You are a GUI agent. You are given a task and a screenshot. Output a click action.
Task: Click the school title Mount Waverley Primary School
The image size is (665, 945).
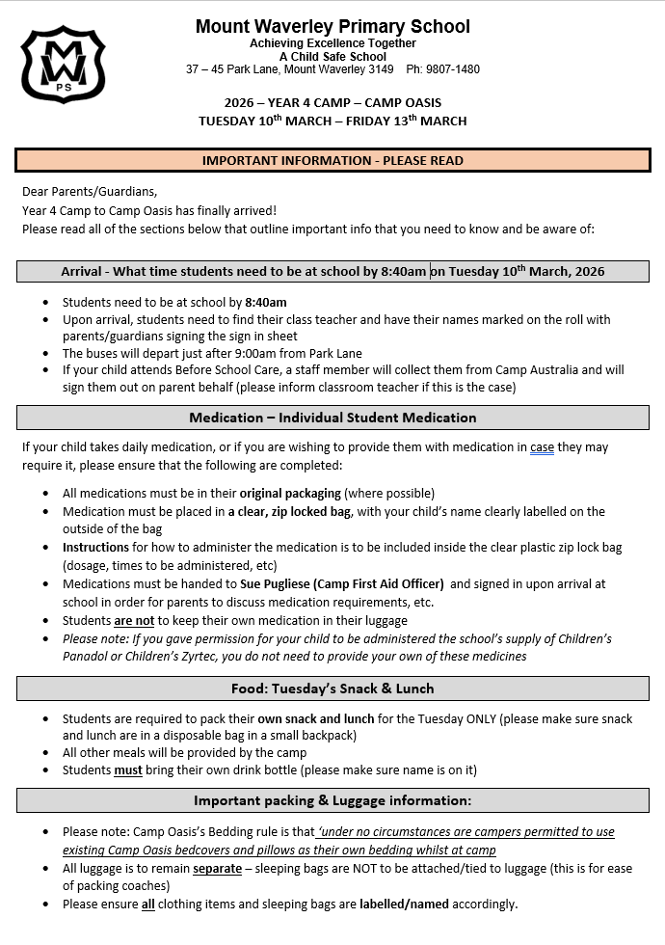[x=332, y=26]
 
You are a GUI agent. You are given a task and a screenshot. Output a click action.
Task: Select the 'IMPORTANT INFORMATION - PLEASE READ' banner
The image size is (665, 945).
[x=332, y=160]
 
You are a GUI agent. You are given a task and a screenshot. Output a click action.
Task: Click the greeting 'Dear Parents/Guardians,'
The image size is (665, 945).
[x=89, y=191]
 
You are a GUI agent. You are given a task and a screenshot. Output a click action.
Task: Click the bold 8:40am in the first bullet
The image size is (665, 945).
[x=265, y=302]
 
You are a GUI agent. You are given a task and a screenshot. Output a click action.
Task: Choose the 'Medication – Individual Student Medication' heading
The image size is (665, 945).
[x=332, y=418]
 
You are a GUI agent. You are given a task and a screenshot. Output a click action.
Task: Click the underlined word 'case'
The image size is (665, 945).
[x=542, y=447]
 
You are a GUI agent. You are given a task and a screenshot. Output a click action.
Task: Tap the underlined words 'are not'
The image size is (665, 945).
[x=134, y=620]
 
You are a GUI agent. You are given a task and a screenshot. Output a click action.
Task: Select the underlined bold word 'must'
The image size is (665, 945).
[x=128, y=769]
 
